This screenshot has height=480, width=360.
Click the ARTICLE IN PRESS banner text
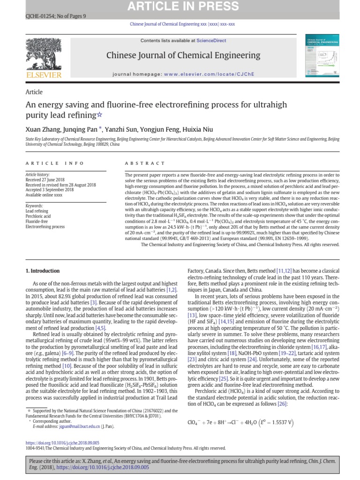point(180,6)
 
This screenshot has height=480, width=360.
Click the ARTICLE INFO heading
point(55,163)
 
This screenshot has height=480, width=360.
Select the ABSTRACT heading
point(145,163)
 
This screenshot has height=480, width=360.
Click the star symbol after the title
point(98,115)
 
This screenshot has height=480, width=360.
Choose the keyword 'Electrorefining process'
point(45,226)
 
